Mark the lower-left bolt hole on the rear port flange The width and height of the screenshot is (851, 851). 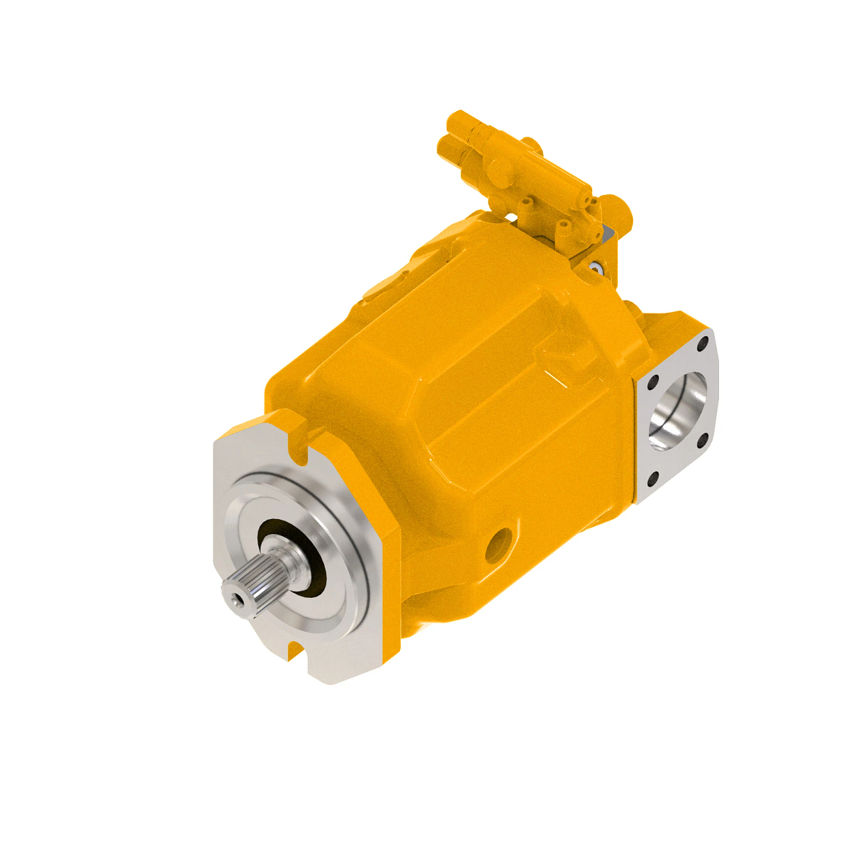pyautogui.click(x=653, y=480)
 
